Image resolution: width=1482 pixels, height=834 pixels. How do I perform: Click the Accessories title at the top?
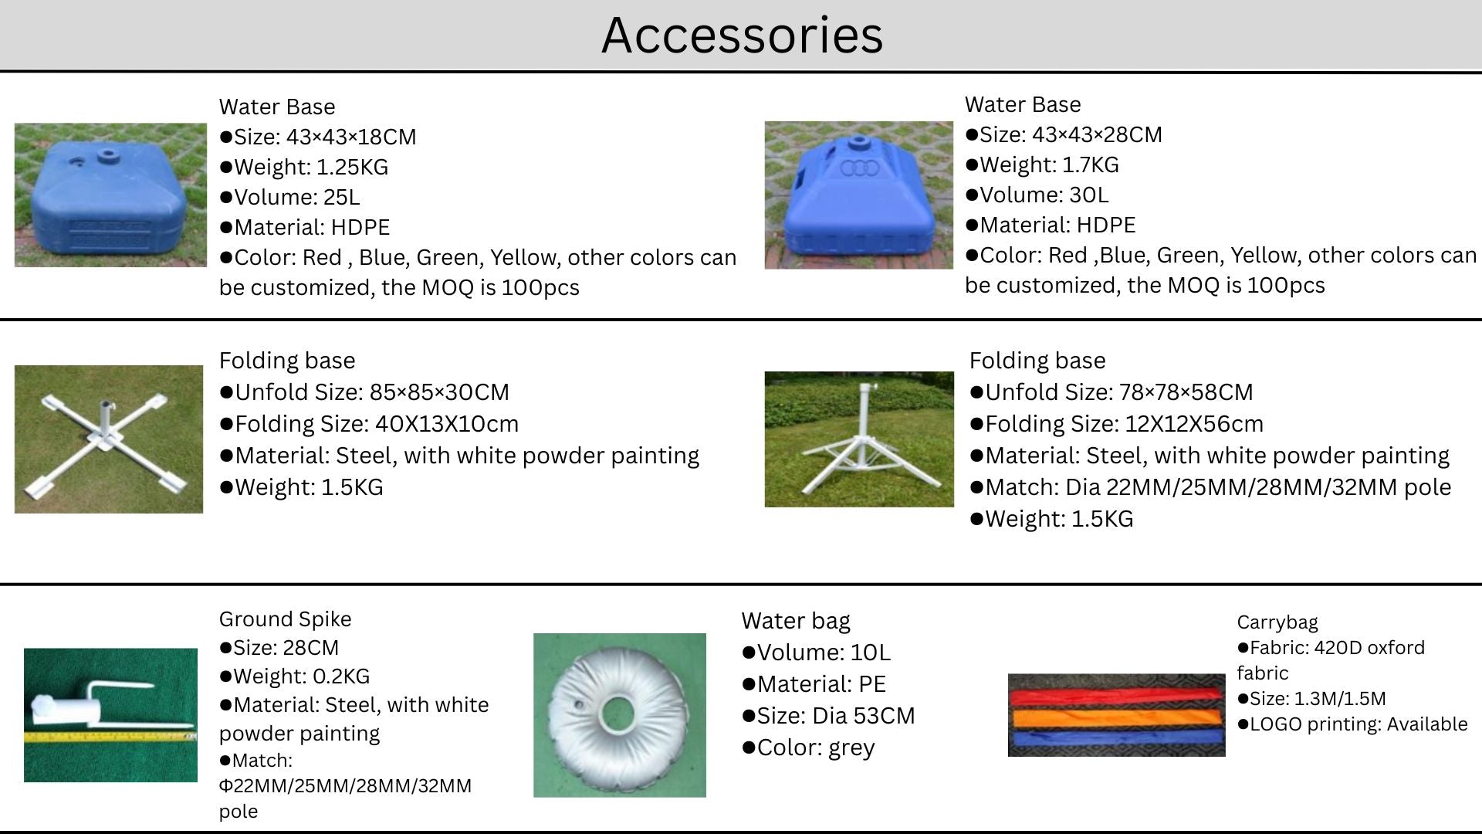(742, 35)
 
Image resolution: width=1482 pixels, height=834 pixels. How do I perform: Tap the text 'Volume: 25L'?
(296, 197)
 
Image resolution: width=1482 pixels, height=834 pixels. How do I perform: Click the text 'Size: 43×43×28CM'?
(1071, 134)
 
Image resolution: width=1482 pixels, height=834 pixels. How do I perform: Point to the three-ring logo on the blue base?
(859, 168)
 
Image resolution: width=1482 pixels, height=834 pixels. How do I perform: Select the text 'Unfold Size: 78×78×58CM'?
(1119, 392)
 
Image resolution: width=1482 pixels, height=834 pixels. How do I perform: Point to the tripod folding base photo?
(859, 439)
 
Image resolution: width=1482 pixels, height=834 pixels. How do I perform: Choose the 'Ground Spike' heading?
(285, 619)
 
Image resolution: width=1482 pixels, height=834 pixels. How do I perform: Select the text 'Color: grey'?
(816, 748)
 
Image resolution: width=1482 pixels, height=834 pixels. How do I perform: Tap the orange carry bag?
(1116, 718)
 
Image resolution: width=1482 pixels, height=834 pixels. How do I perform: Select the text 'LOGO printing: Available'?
(1358, 724)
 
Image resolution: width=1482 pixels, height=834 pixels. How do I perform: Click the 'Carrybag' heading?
(1277, 622)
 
